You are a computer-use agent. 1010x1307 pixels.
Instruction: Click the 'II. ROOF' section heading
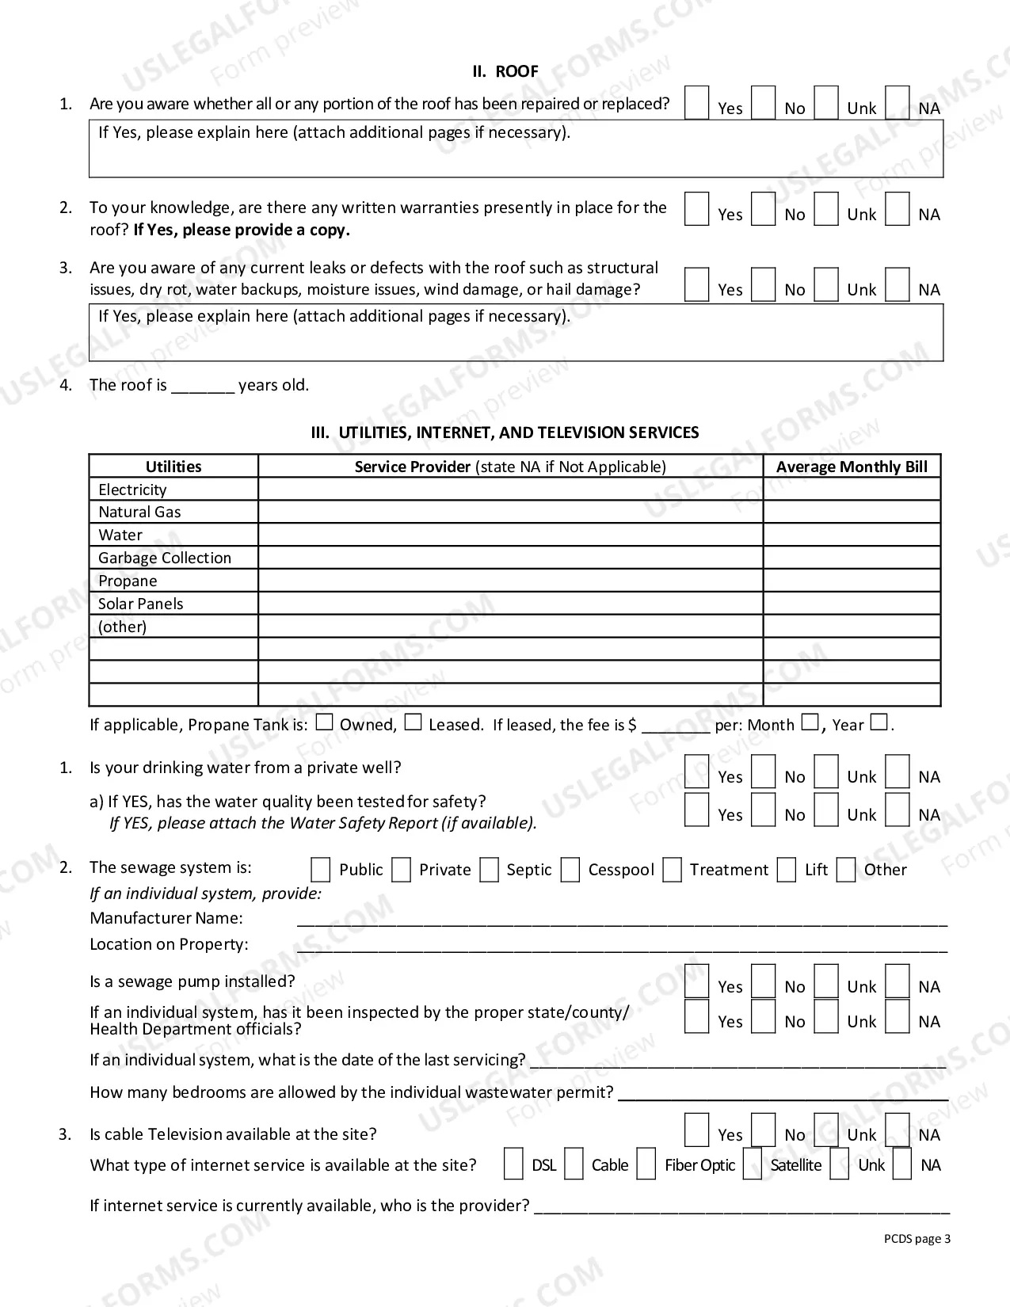[505, 71]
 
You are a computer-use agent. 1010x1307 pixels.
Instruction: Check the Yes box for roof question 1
[696, 103]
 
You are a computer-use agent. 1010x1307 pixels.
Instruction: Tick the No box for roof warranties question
[763, 209]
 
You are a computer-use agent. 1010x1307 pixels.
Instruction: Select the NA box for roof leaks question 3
[897, 284]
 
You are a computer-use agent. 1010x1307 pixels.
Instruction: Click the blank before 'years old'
[203, 386]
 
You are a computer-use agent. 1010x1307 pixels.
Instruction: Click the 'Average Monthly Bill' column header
[852, 467]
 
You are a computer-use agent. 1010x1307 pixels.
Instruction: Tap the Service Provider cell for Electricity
[510, 489]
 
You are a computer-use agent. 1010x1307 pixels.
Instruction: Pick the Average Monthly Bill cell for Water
[852, 535]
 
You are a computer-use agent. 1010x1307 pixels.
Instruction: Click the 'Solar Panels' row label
[140, 604]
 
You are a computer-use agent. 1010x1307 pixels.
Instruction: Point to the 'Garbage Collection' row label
[165, 558]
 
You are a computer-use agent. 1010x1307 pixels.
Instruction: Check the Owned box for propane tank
[325, 722]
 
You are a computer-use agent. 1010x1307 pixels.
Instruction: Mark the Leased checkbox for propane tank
[413, 722]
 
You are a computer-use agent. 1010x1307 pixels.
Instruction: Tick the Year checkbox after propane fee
[879, 722]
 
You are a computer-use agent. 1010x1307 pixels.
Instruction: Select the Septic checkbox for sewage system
[490, 870]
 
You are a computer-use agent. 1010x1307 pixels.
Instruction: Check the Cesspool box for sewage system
[570, 870]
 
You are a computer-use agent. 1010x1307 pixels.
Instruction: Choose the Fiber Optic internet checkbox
[646, 1164]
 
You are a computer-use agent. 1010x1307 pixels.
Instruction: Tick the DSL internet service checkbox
[513, 1164]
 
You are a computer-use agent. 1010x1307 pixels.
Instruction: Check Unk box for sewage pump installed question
[826, 981]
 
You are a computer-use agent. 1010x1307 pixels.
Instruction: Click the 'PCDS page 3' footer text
[917, 1239]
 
